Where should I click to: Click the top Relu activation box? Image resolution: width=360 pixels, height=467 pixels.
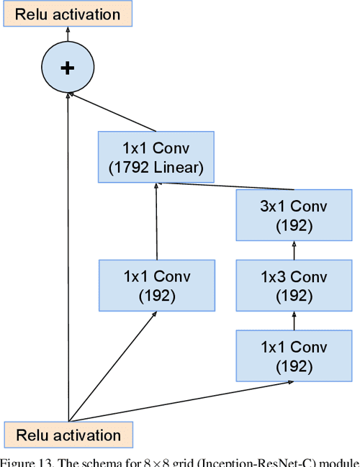[x=68, y=14]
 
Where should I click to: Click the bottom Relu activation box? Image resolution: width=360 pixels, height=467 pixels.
[x=68, y=435]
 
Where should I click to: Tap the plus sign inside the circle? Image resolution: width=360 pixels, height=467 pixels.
[x=68, y=68]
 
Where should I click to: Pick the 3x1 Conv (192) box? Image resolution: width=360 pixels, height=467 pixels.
[x=294, y=216]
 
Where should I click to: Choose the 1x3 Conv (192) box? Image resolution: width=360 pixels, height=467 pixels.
[x=294, y=286]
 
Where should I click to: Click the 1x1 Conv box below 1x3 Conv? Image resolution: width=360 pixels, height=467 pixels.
[x=294, y=355]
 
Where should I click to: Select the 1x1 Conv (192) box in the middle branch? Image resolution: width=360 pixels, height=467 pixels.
[x=156, y=286]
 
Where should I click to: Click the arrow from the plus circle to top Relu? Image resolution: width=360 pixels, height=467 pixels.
[x=68, y=35]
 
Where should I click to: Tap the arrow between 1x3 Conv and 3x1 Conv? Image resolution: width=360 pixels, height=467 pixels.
[x=294, y=250]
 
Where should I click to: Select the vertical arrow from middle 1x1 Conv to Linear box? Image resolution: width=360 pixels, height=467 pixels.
[x=156, y=223]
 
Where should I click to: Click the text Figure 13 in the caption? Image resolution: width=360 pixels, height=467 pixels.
[x=25, y=461]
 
